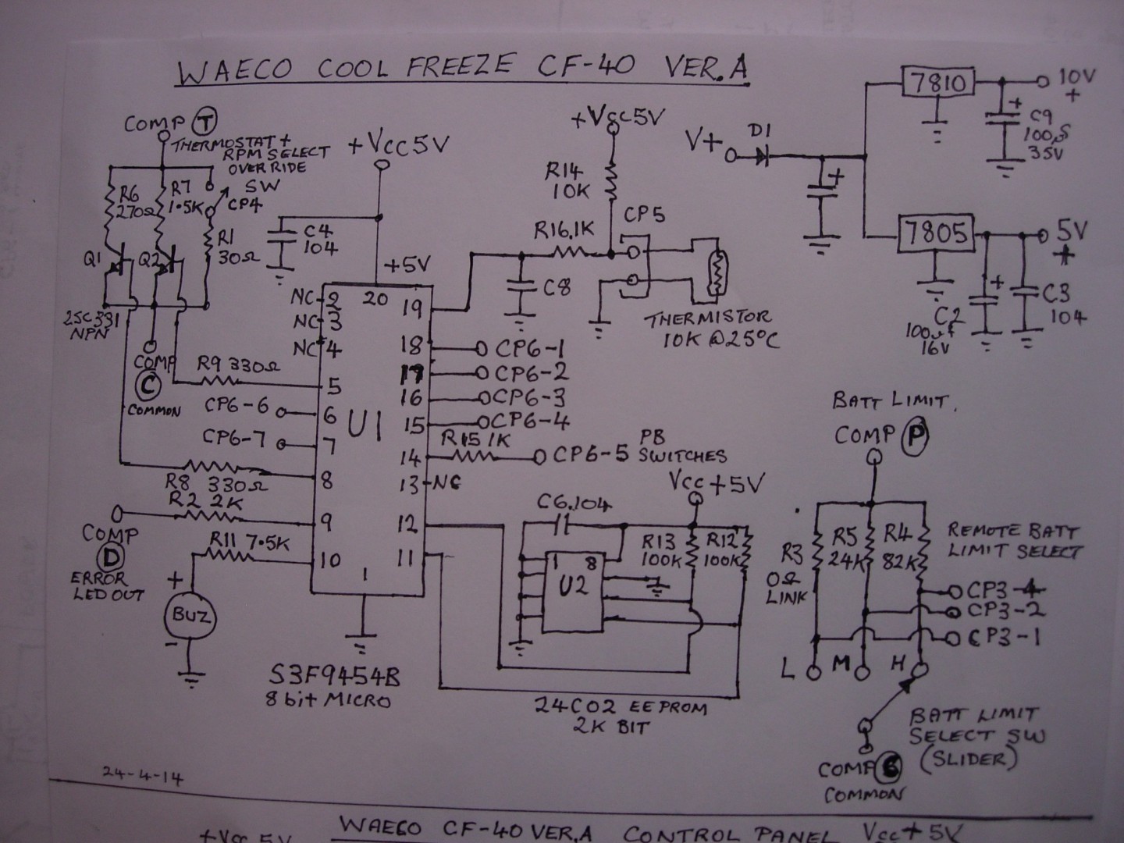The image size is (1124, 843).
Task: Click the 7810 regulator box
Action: coord(937,82)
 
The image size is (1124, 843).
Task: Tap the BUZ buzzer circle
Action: coord(190,616)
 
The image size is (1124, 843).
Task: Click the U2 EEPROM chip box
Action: coord(573,591)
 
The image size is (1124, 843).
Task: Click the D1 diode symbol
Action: coord(761,156)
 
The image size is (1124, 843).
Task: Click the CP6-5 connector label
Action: coord(591,454)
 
